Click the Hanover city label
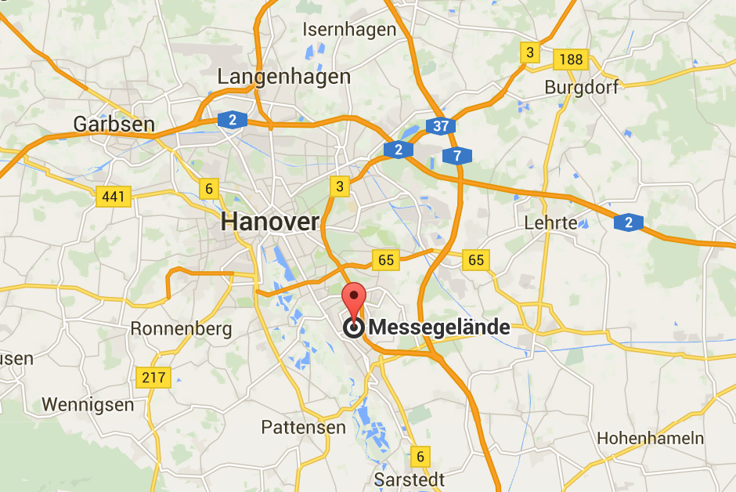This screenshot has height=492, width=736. pyautogui.click(x=269, y=222)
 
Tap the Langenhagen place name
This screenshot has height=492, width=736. pyautogui.click(x=283, y=77)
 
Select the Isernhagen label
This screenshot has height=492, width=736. pyautogui.click(x=349, y=30)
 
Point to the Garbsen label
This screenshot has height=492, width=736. pyautogui.click(x=114, y=124)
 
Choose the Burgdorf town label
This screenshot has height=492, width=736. pyautogui.click(x=581, y=86)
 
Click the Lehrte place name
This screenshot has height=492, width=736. pyautogui.click(x=550, y=222)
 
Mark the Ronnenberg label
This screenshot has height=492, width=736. pyautogui.click(x=181, y=328)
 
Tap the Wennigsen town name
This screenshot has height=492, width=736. pyautogui.click(x=88, y=404)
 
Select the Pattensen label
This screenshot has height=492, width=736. pyautogui.click(x=303, y=427)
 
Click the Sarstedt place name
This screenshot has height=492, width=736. pyautogui.click(x=409, y=479)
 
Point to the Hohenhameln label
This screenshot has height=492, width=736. pyautogui.click(x=650, y=438)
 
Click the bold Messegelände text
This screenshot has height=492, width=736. pyautogui.click(x=438, y=327)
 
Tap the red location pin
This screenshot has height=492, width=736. pyautogui.click(x=355, y=301)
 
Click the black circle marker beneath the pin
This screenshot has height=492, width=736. pyautogui.click(x=354, y=328)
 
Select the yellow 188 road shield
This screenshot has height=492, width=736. pyautogui.click(x=570, y=59)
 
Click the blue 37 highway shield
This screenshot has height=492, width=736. pyautogui.click(x=441, y=126)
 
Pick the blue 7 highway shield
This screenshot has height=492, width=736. pyautogui.click(x=456, y=156)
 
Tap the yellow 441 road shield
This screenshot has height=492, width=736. pyautogui.click(x=113, y=197)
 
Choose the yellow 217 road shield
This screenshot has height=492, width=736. pyautogui.click(x=153, y=378)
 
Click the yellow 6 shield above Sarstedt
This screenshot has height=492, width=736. pyautogui.click(x=420, y=456)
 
